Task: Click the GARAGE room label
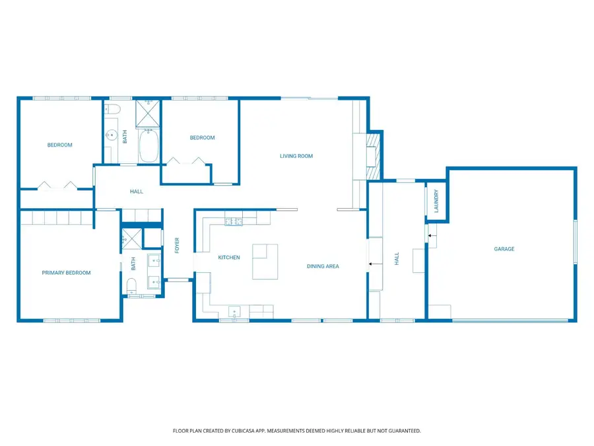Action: click(504, 249)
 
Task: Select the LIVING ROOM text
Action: click(296, 156)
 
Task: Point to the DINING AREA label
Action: click(323, 266)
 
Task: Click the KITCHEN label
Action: click(229, 257)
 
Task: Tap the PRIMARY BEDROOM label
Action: click(66, 272)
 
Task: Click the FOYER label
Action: click(177, 246)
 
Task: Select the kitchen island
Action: click(265, 261)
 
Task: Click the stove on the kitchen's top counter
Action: click(233, 221)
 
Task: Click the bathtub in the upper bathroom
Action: click(148, 147)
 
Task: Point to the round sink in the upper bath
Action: click(110, 135)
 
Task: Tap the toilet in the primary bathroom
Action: click(131, 285)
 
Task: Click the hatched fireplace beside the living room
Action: click(374, 156)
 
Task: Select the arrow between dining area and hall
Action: click(375, 264)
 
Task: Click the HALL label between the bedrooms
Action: click(137, 192)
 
